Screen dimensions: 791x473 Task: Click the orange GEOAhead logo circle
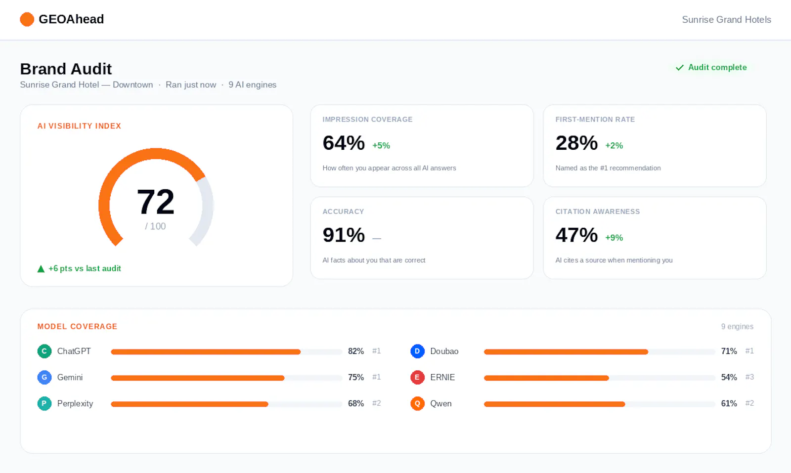27,19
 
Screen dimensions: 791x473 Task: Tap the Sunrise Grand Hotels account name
726,19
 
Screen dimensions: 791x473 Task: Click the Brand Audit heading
66,69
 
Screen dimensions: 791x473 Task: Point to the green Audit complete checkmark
679,67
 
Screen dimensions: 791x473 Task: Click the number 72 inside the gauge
155,202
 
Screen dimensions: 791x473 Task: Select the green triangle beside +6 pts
41,269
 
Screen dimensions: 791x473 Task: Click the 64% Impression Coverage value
344,143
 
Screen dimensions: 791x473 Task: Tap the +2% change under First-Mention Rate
614,145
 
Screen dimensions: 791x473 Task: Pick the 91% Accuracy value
344,235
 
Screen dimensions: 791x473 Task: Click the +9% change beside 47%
614,238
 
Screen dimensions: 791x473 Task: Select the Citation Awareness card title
598,212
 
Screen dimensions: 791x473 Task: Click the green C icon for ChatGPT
44,351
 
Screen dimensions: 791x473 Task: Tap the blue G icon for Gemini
44,377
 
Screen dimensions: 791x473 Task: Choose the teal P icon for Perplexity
44,403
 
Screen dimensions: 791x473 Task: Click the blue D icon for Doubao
417,351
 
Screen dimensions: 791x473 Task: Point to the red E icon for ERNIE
417,377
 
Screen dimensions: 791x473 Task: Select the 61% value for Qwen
729,403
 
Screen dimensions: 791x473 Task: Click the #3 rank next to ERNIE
749,377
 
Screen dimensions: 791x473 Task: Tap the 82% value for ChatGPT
356,351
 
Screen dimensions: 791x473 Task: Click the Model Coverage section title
77,327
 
